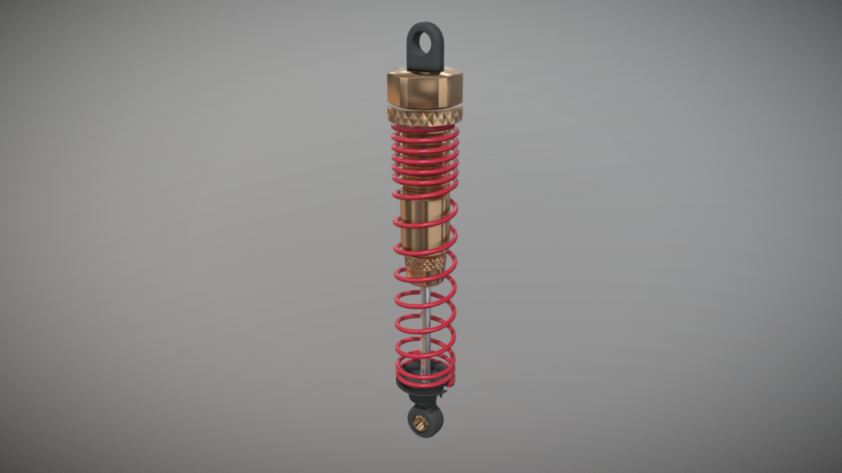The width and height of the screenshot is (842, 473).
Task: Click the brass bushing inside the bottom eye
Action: (x=424, y=422)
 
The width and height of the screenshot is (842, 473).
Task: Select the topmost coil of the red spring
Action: (x=425, y=131)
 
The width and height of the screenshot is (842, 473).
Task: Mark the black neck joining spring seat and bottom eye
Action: (x=423, y=400)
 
